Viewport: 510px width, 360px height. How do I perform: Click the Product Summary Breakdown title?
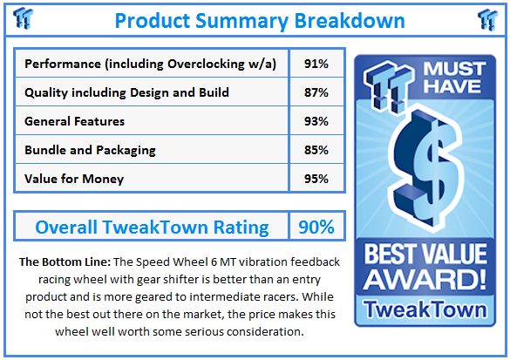[x=259, y=19]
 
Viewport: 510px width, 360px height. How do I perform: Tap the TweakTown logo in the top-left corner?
[x=22, y=18]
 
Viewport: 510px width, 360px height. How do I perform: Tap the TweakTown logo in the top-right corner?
[x=488, y=18]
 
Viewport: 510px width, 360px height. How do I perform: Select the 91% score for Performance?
[x=316, y=64]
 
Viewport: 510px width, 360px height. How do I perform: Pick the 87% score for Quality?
[x=316, y=92]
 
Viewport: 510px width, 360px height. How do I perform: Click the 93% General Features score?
[x=316, y=121]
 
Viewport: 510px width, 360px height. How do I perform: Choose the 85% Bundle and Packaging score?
[x=316, y=150]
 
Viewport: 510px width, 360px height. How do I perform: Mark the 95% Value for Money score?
[x=316, y=179]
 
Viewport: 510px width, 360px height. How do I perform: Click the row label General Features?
[x=75, y=121]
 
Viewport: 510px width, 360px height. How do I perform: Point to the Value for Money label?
[x=74, y=179]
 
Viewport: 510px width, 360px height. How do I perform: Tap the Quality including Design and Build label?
[x=126, y=92]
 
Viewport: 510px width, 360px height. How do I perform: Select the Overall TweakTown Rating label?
[x=152, y=228]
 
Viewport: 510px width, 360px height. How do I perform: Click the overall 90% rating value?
[x=316, y=228]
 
